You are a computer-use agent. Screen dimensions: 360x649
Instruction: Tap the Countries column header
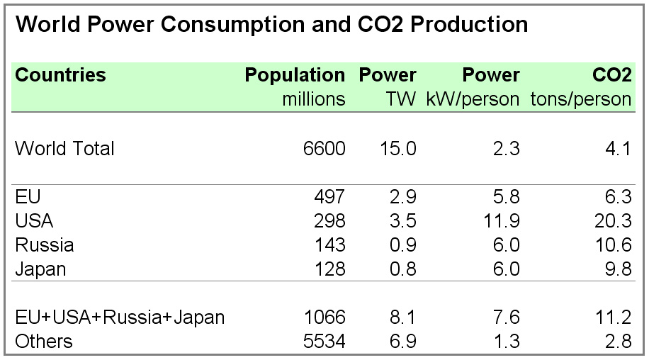click(x=61, y=75)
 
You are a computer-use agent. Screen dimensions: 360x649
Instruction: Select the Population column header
click(x=295, y=75)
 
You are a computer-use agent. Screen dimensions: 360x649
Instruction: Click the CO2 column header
click(x=611, y=75)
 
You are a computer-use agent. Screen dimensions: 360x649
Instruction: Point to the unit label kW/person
click(x=473, y=99)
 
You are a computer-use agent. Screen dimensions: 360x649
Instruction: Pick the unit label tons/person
click(x=581, y=99)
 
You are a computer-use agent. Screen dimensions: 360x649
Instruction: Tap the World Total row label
click(x=64, y=149)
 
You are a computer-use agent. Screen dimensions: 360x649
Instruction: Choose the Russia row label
click(x=44, y=245)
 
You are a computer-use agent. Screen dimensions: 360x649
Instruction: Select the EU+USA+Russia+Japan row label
click(x=120, y=317)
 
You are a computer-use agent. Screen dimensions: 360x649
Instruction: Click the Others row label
click(x=44, y=341)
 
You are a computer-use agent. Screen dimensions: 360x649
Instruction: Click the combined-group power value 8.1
click(x=402, y=317)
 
